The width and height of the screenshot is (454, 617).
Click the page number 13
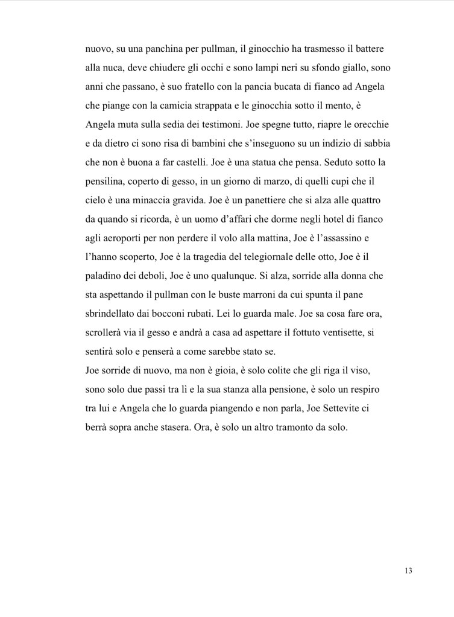[408, 571]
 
